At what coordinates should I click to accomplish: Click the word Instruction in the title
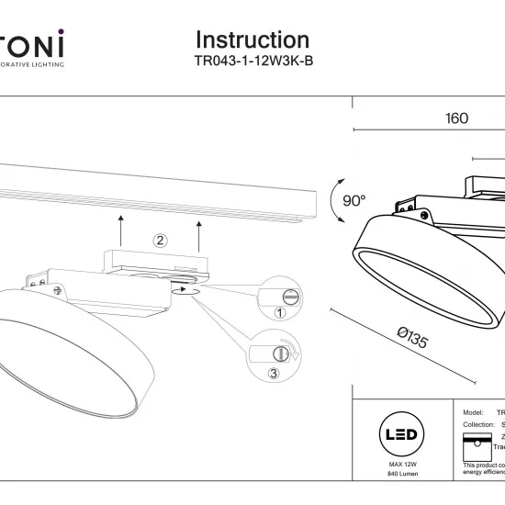point(252,40)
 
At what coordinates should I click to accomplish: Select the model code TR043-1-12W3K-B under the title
point(252,62)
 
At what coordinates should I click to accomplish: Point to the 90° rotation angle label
point(353,201)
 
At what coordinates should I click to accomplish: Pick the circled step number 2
point(160,241)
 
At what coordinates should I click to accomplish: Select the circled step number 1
point(281,313)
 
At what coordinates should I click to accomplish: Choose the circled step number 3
point(274,373)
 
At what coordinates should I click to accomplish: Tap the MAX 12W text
point(398,466)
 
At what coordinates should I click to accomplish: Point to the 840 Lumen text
point(398,477)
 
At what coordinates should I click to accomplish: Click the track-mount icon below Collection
point(477,443)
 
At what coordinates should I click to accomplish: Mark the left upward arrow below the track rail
point(120,230)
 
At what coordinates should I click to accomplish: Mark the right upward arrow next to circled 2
point(198,238)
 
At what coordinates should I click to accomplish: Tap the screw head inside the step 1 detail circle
point(291,297)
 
